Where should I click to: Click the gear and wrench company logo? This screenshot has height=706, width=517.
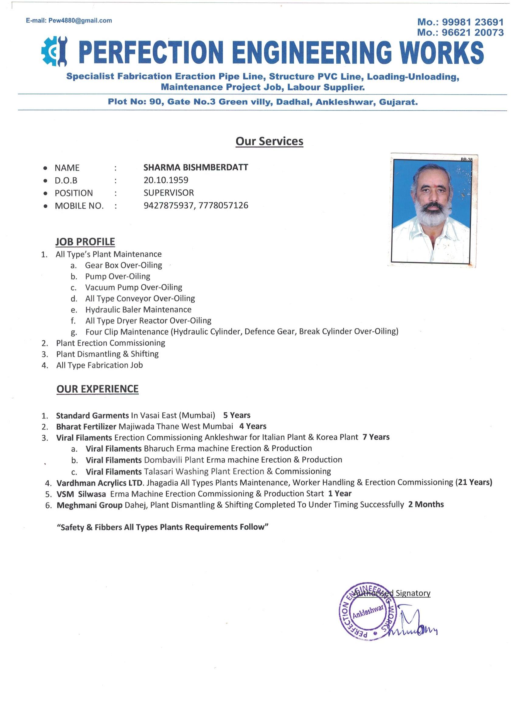(x=54, y=51)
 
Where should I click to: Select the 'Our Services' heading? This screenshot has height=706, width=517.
(x=269, y=141)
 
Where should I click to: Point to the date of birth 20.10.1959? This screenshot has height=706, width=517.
(x=166, y=180)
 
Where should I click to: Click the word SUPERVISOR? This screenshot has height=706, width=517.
(x=169, y=193)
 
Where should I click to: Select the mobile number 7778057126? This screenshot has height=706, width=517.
(x=223, y=206)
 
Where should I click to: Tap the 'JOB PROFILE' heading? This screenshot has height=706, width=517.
(x=85, y=242)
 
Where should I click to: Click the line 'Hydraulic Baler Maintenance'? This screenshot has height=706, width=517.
(x=138, y=310)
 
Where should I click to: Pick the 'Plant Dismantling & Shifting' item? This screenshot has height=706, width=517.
(x=107, y=354)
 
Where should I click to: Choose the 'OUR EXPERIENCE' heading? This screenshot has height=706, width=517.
(x=97, y=389)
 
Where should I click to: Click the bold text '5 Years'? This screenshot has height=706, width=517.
(x=237, y=415)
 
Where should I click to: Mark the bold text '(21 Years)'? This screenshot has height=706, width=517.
(x=474, y=482)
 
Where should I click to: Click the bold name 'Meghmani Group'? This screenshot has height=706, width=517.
(x=89, y=505)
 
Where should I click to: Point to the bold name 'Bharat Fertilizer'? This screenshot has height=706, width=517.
(x=86, y=426)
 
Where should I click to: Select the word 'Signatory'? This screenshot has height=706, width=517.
(x=413, y=593)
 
